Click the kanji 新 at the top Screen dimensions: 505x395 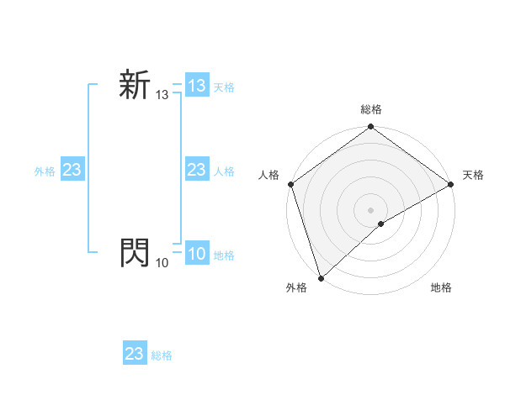point(135,86)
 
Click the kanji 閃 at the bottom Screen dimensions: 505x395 point(135,251)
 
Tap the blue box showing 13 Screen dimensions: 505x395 point(197,86)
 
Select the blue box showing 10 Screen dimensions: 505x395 point(197,254)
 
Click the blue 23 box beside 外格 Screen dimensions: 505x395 point(72,171)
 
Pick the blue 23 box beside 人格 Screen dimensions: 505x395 point(197,171)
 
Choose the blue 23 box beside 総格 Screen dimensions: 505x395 point(135,354)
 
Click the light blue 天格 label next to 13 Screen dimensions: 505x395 point(224,87)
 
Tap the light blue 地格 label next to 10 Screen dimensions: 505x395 point(224,255)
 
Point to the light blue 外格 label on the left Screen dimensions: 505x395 point(45,171)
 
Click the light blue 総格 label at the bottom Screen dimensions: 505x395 point(162,355)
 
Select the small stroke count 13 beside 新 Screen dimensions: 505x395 point(162,96)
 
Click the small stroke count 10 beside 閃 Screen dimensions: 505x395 point(162,263)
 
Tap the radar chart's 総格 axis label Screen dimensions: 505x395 point(371,109)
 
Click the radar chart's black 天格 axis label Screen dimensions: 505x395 point(473,175)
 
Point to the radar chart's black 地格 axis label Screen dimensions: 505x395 point(441,288)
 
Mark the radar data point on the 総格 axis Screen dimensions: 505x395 point(371,128)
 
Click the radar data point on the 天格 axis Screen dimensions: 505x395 point(451,184)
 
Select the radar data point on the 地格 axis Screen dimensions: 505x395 point(381,224)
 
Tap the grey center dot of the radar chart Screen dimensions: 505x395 point(371,210)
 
